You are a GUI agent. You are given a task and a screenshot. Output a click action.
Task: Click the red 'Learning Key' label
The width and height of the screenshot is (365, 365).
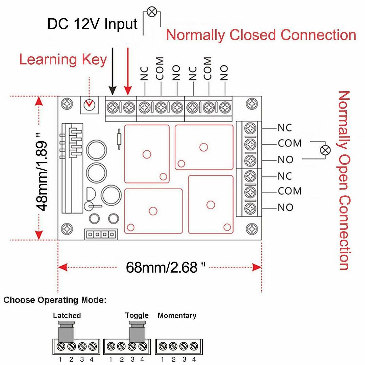63,59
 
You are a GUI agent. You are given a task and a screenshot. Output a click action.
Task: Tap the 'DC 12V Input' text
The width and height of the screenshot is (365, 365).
92,24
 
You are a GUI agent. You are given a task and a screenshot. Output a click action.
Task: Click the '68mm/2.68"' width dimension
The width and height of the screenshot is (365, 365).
162,267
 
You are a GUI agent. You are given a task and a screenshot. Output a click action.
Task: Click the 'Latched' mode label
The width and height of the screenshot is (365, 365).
67,315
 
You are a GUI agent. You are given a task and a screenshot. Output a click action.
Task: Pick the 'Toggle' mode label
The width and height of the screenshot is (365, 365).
137,315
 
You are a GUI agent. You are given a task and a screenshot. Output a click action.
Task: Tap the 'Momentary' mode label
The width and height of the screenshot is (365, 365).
177,315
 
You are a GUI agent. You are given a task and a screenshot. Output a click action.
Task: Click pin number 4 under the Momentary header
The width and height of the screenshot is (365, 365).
194,359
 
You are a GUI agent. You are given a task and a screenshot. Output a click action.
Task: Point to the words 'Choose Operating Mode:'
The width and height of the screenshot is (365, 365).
55,300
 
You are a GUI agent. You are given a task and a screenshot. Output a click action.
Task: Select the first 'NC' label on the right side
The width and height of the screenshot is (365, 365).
285,128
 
